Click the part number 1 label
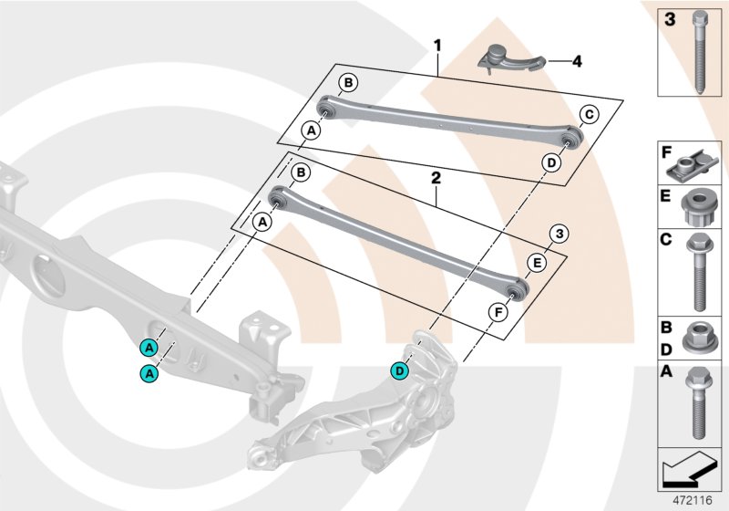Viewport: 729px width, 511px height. pyautogui.click(x=437, y=44)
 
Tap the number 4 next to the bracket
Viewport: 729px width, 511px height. pyautogui.click(x=577, y=62)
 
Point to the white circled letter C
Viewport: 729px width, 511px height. pyautogui.click(x=588, y=115)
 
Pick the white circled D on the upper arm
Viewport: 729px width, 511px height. pyautogui.click(x=551, y=162)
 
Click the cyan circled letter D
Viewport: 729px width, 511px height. pyautogui.click(x=399, y=370)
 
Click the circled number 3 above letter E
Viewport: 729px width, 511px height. pyautogui.click(x=560, y=234)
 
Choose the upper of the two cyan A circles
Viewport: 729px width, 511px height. pyautogui.click(x=147, y=347)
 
